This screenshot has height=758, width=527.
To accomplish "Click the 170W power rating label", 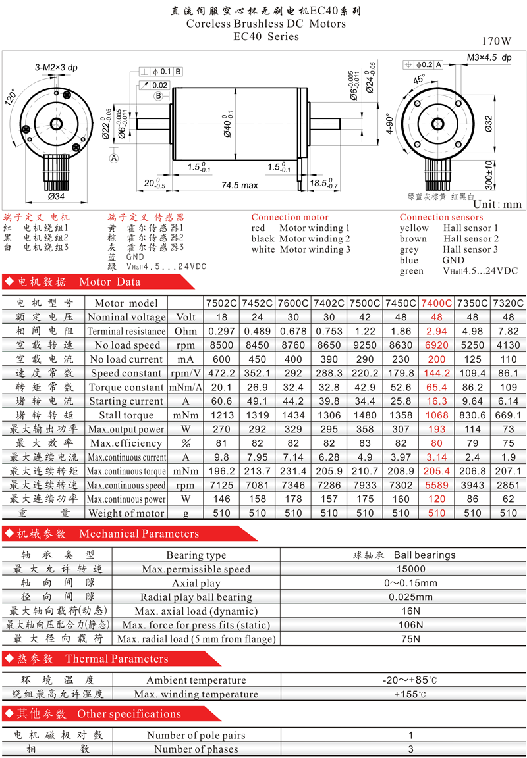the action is click(496, 41).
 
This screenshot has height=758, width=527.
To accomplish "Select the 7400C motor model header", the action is click(437, 303).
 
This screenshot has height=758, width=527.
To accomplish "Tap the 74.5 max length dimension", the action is click(240, 185).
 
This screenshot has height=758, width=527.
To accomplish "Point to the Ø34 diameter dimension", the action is click(56, 196).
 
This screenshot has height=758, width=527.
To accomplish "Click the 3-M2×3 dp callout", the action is click(56, 68).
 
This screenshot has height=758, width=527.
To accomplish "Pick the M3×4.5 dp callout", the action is click(489, 57).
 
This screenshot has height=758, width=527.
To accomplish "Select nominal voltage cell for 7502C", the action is click(221, 317).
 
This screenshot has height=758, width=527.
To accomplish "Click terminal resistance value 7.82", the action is click(508, 331).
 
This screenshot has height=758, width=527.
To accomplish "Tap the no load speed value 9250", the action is click(365, 345).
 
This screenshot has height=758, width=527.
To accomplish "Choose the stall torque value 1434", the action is click(293, 415).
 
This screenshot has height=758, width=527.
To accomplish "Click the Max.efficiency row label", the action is click(126, 443).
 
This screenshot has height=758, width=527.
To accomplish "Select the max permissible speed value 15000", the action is click(411, 569).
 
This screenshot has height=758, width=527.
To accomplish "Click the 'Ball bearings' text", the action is click(425, 555).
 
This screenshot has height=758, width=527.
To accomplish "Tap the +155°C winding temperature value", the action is click(410, 694).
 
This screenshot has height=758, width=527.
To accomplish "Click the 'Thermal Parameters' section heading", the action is click(117, 659).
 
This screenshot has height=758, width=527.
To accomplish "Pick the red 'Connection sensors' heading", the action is click(441, 218).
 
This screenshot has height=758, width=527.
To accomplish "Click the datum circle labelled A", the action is click(114, 158).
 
